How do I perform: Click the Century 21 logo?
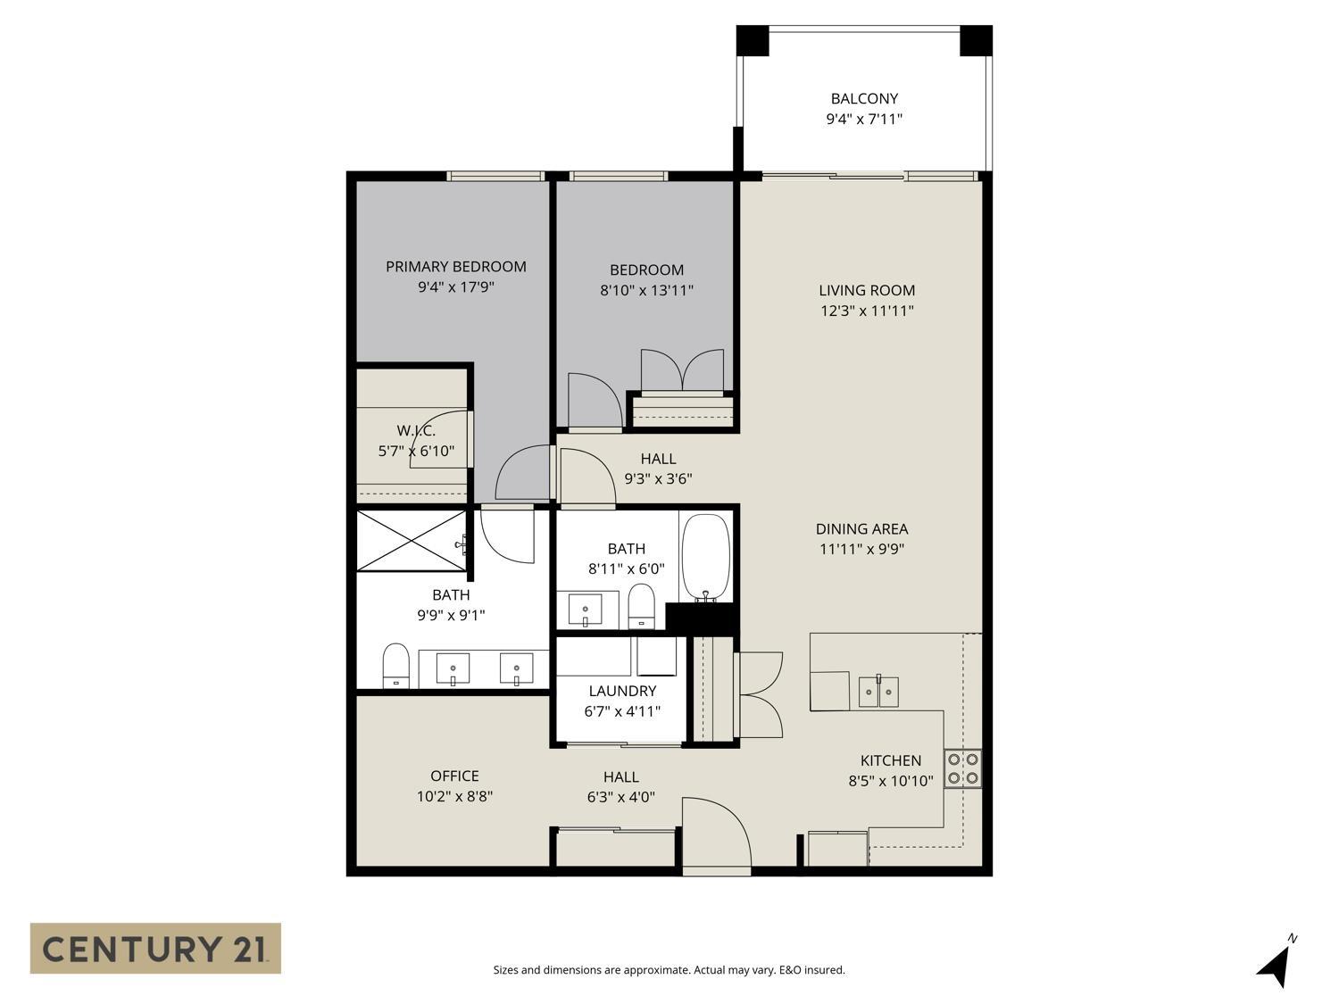click(155, 948)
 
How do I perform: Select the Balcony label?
click(863, 99)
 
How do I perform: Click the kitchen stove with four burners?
click(963, 768)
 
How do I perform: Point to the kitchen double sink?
click(878, 692)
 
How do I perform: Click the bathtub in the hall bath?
click(705, 559)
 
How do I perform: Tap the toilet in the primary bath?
click(395, 666)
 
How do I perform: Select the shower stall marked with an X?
click(411, 540)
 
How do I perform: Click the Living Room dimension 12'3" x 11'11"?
click(867, 311)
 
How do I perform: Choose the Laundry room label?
click(622, 691)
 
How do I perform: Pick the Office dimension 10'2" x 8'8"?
click(454, 796)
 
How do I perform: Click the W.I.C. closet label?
click(416, 431)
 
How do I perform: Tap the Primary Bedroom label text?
click(455, 266)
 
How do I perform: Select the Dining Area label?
click(861, 528)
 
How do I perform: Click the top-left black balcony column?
click(753, 40)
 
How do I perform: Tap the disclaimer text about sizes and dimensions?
click(669, 970)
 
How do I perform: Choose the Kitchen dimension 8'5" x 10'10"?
click(890, 781)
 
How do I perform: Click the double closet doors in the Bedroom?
click(682, 370)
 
